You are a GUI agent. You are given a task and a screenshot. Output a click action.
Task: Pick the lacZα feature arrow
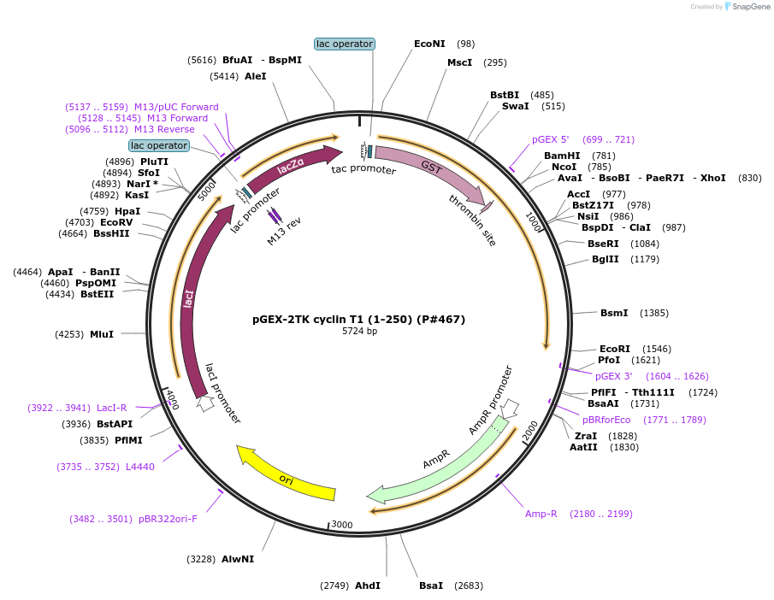tap(291, 167)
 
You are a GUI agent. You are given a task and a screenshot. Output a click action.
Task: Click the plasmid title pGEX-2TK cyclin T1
tap(358, 320)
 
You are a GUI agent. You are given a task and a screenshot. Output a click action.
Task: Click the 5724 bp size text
tap(359, 331)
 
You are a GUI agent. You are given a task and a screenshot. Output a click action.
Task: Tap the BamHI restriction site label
tap(562, 156)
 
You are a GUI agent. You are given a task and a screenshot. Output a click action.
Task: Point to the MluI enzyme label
tap(102, 334)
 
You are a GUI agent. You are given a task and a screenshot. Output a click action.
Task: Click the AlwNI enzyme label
tap(238, 559)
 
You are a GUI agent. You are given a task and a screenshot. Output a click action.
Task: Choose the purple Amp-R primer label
tap(541, 514)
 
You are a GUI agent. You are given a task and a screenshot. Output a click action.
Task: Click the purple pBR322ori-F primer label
tap(168, 519)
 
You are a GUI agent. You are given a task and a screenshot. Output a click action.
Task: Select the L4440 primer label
tap(140, 467)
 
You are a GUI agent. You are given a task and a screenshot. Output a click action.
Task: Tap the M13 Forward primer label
tap(177, 118)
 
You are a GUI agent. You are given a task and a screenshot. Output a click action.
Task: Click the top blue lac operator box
tap(345, 44)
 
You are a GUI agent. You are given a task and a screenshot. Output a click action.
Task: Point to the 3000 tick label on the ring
tap(341, 524)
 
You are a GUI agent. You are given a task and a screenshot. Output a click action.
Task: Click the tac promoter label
tap(363, 170)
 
